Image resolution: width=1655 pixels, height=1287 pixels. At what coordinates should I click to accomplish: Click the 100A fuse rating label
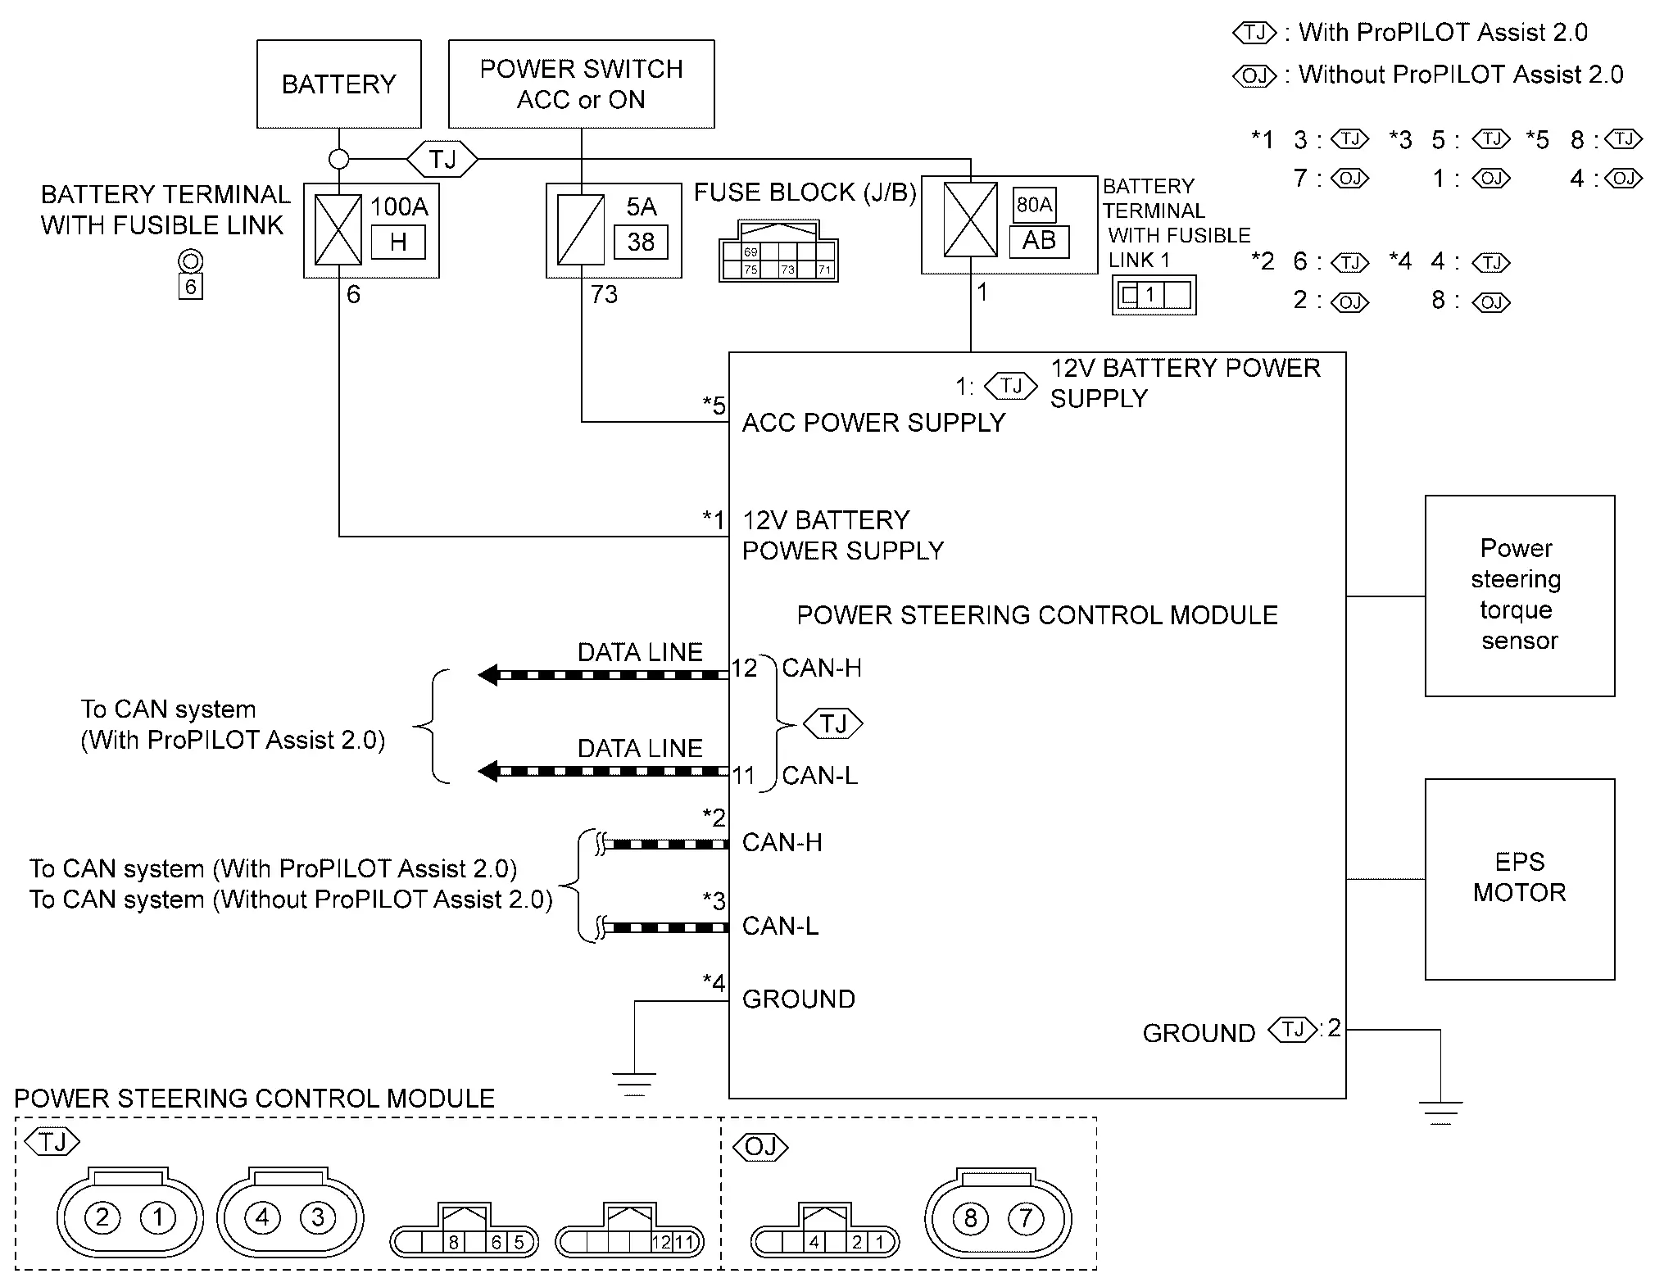coord(399,206)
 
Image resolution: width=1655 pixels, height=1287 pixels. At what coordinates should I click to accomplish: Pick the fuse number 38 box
coord(641,242)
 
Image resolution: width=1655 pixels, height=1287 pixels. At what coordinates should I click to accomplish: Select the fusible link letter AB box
coord(1039,241)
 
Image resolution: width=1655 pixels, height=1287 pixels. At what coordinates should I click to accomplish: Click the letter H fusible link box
coord(398,242)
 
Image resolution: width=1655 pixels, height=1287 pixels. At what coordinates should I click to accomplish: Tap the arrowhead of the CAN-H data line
coord(488,675)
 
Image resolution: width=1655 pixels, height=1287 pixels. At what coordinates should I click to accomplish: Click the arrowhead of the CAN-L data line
coord(488,771)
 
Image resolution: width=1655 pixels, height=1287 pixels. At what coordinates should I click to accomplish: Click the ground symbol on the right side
coord(1440,1113)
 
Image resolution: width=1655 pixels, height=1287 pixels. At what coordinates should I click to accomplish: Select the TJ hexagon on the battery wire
coord(442,158)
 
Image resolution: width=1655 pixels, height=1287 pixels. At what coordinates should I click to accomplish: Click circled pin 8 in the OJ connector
coord(970,1218)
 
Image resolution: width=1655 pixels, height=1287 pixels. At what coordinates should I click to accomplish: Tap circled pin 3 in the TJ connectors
coord(318,1218)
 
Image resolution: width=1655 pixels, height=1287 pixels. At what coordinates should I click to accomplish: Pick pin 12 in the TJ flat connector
coord(662,1242)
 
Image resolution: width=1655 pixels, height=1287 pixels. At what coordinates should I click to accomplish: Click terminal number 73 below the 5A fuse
coord(605,294)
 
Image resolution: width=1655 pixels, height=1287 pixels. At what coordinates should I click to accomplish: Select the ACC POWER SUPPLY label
coord(873,423)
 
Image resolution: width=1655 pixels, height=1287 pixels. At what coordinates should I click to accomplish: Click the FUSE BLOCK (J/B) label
coord(805,193)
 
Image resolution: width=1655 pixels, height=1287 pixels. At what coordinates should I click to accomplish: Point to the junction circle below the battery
coord(339,159)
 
